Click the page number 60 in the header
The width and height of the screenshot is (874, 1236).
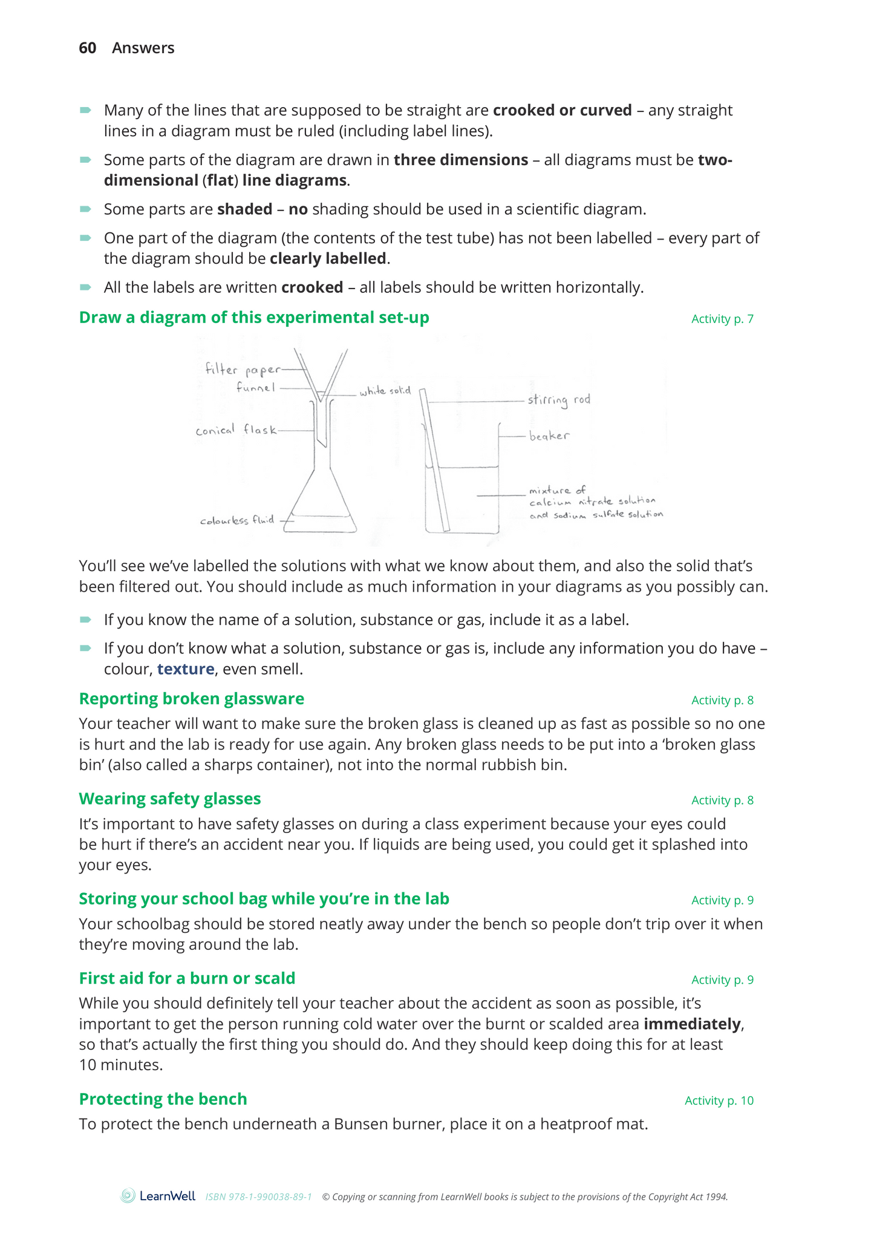click(87, 48)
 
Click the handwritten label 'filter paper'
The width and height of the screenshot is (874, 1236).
click(243, 369)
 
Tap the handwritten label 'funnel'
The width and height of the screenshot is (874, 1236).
click(255, 387)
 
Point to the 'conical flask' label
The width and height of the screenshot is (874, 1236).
click(236, 430)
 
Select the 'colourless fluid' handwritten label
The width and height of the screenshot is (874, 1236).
click(237, 520)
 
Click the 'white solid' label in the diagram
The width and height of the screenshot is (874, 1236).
click(385, 391)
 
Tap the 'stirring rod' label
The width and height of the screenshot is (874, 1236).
click(558, 400)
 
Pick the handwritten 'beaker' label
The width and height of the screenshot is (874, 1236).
click(549, 436)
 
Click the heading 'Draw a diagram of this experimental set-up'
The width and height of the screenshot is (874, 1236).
click(254, 318)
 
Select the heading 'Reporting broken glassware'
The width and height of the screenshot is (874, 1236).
click(192, 699)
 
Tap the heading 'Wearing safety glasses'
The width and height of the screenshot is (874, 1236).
click(170, 799)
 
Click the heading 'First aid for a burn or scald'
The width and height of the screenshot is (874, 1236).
click(188, 978)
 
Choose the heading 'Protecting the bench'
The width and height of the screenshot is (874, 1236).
click(163, 1099)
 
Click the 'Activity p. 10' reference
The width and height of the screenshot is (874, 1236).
click(719, 1100)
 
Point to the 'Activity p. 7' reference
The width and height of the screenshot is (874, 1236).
click(722, 319)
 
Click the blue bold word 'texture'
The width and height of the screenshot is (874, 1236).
click(186, 669)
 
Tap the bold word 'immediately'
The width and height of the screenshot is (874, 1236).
click(692, 1024)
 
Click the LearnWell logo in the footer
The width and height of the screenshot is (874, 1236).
click(158, 1195)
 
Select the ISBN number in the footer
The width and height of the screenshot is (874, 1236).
click(259, 1197)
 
